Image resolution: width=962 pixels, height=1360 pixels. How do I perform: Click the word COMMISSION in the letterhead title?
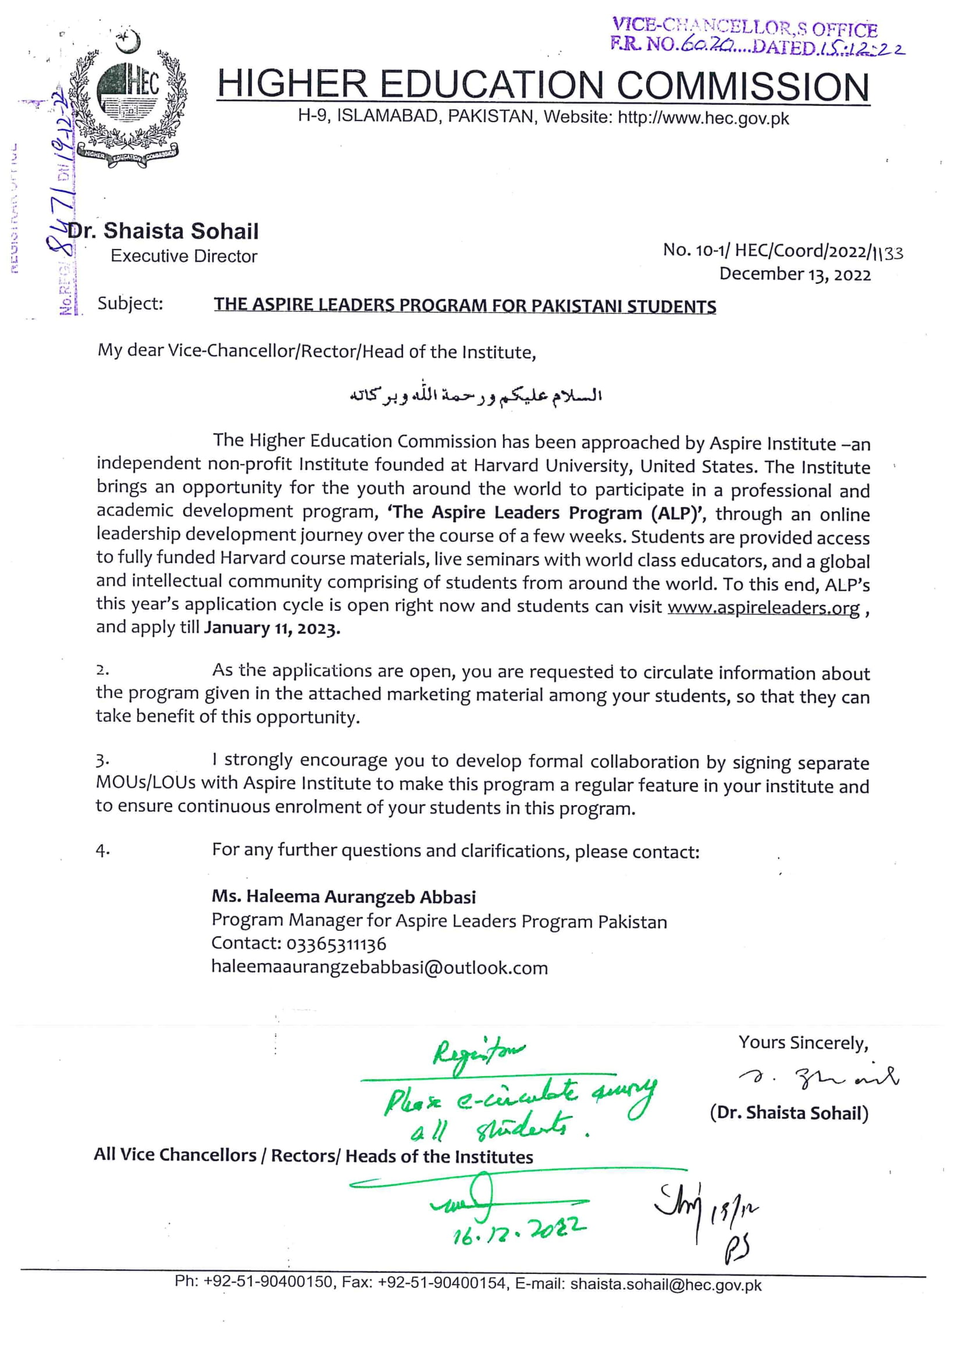point(743,86)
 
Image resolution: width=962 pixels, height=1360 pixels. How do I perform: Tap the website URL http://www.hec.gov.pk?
point(703,118)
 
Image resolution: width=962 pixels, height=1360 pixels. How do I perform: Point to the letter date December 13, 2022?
point(795,274)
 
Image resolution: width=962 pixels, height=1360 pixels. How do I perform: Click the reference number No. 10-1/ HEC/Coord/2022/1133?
point(782,251)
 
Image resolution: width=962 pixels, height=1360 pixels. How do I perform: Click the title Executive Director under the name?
point(184,257)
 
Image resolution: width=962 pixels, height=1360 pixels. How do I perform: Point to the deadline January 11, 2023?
point(272,628)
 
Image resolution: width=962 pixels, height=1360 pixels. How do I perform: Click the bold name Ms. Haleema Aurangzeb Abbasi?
point(344,897)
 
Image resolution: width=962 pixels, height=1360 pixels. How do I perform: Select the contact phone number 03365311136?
point(336,944)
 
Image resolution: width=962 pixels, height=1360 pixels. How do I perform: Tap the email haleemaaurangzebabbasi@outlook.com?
point(379,968)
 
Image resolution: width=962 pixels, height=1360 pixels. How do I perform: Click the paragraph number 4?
point(102,851)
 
